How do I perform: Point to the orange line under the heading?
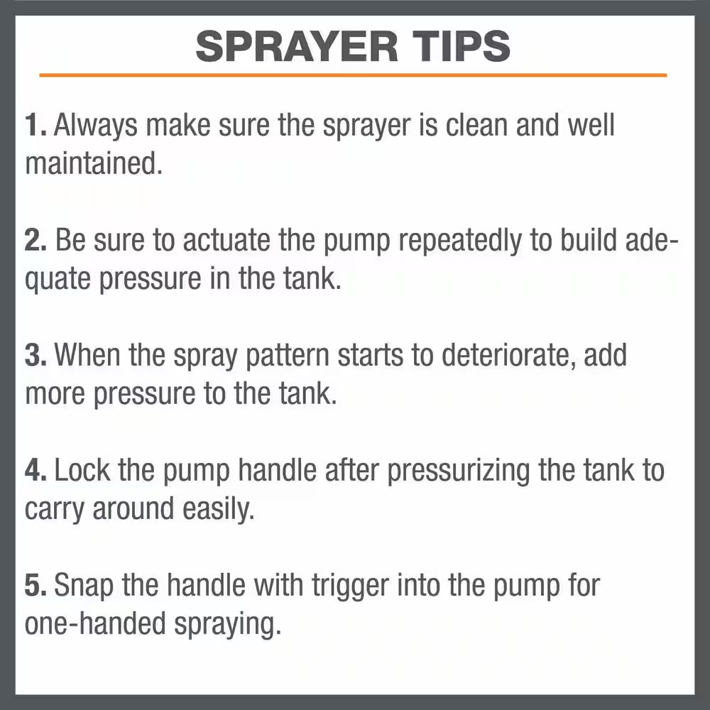(353, 75)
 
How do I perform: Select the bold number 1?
(35, 126)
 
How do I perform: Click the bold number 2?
(36, 241)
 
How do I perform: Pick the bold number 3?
(36, 356)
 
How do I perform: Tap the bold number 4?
(36, 471)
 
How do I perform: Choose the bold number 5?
(36, 586)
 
